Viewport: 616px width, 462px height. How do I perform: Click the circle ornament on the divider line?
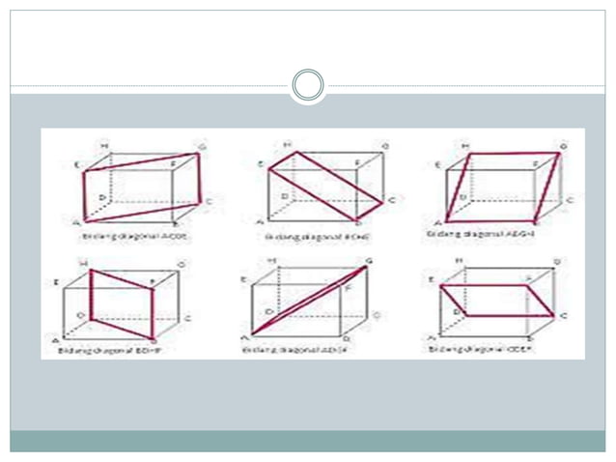(307, 85)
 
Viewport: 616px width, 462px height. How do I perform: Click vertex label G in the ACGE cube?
(202, 146)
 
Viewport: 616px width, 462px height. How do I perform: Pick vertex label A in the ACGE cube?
(76, 222)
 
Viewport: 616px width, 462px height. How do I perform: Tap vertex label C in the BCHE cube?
(392, 200)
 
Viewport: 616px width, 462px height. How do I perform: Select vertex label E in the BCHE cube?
(261, 164)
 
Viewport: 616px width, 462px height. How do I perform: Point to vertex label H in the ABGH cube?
(467, 146)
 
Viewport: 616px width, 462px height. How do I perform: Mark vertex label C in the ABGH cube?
(570, 200)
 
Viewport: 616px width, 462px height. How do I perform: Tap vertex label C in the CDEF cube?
(564, 316)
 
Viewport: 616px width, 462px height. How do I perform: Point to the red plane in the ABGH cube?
(502, 186)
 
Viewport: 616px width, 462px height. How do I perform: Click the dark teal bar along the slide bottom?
(307, 441)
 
